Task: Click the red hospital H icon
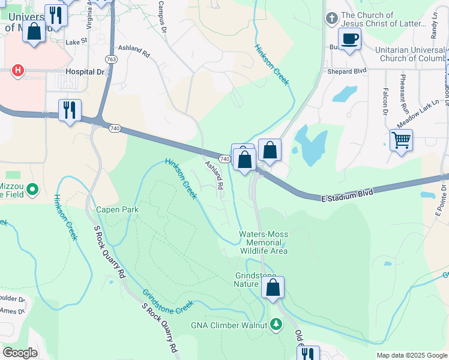pos(19,70)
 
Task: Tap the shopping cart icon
pos(400,140)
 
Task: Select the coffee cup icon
pos(350,39)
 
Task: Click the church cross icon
pos(331,19)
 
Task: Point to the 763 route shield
pos(110,59)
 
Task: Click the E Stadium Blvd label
pos(347,194)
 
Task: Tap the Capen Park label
pos(118,210)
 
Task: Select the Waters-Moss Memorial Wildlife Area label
pos(264,242)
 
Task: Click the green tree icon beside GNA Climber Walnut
pos(276,325)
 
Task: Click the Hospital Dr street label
pos(84,71)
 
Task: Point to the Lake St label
pos(76,42)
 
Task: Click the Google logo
pos(20,353)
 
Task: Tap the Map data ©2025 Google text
pos(411,355)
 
